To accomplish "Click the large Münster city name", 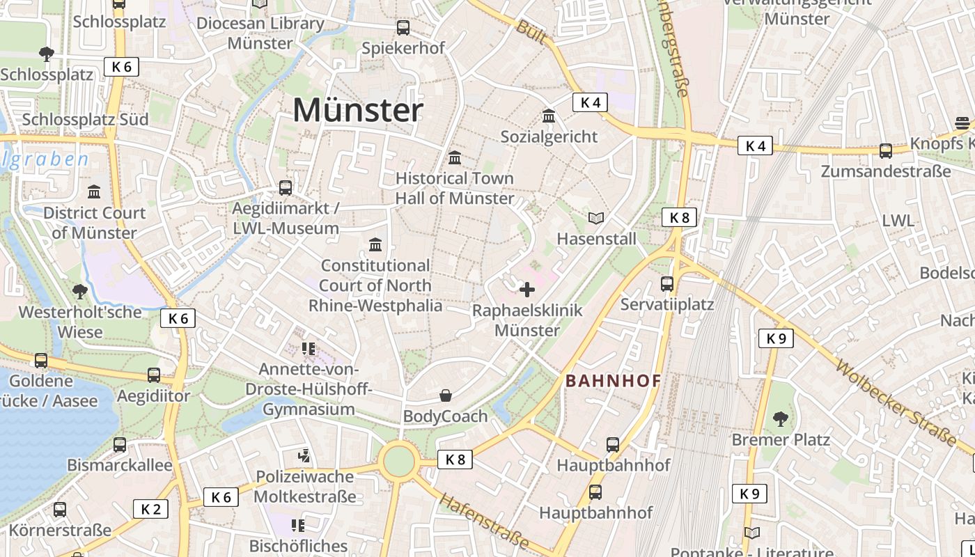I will (x=358, y=110).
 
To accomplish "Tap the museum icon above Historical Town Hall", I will (x=455, y=158).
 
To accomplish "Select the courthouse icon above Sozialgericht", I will (x=549, y=116).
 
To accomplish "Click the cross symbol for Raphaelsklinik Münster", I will (x=527, y=290).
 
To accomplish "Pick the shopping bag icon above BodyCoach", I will (x=446, y=395).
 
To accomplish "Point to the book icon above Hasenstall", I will (x=596, y=219).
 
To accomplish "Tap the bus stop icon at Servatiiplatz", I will (x=667, y=284).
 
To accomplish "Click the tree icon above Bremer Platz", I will (x=780, y=418).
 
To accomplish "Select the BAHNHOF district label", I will (x=613, y=381).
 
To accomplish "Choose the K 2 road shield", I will (x=150, y=509).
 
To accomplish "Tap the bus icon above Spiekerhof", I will (x=403, y=28).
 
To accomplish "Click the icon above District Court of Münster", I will (x=94, y=191).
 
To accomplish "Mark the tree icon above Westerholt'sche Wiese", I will (x=79, y=291).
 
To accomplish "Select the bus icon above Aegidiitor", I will (x=154, y=375).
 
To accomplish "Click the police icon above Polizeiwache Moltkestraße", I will (x=304, y=456).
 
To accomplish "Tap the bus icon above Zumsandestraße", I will (x=886, y=150).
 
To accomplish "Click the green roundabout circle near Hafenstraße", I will (x=398, y=461).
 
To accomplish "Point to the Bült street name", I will (x=531, y=32).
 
